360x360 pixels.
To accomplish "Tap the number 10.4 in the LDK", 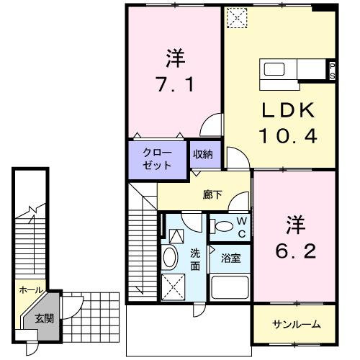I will (x=288, y=135).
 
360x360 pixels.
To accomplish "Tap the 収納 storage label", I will (x=202, y=154).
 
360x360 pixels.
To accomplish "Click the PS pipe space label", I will (x=332, y=71).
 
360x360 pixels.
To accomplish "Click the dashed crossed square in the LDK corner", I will (x=235, y=17).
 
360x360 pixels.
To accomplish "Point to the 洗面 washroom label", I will (x=195, y=258).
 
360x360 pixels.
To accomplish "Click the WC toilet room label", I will (x=242, y=228).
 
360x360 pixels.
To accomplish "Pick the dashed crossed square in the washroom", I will (x=171, y=287).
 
